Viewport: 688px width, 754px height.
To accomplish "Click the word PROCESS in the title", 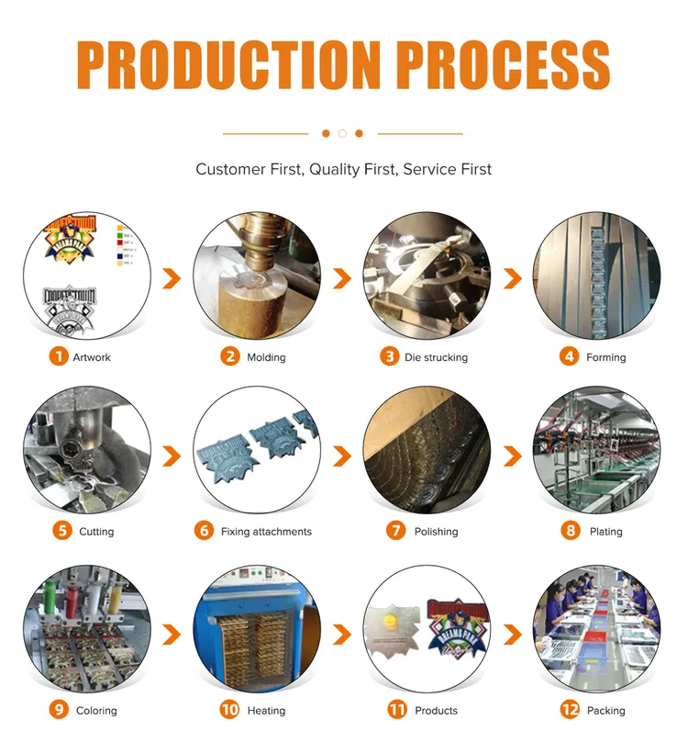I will click(x=503, y=64).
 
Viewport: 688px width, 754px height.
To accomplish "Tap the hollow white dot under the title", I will click(x=342, y=133).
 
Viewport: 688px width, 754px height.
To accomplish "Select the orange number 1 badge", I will click(x=59, y=356).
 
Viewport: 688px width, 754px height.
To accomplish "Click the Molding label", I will click(x=266, y=357).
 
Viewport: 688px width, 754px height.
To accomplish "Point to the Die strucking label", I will click(x=436, y=357).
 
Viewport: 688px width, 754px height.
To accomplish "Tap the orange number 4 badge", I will click(x=570, y=356).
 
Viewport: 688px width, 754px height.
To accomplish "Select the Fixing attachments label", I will click(x=266, y=532).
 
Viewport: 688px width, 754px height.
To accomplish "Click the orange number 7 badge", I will click(x=396, y=531).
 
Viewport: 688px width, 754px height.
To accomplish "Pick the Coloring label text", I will click(x=96, y=711).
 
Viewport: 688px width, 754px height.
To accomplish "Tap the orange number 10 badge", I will click(x=229, y=710).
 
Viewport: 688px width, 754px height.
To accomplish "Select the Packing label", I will click(x=605, y=711).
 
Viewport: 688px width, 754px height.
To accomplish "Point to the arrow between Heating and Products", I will click(x=342, y=634).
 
